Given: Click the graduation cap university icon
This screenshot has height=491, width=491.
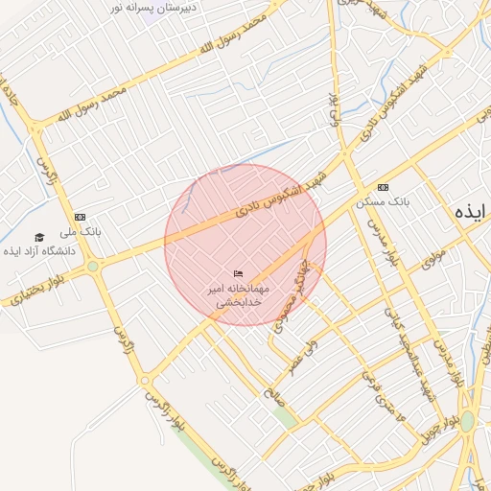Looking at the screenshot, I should (39, 237).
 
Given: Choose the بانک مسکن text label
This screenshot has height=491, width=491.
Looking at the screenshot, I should (383, 202).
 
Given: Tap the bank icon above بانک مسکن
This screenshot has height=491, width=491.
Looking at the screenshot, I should (384, 187).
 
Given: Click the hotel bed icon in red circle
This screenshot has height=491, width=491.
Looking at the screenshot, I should (239, 275).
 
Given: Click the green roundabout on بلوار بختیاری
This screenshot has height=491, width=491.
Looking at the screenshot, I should (92, 266).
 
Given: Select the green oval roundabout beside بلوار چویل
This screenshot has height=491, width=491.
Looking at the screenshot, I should (467, 421).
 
